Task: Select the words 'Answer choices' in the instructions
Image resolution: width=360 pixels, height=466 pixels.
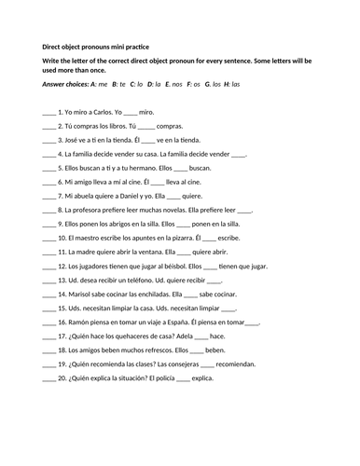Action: click(65, 84)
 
